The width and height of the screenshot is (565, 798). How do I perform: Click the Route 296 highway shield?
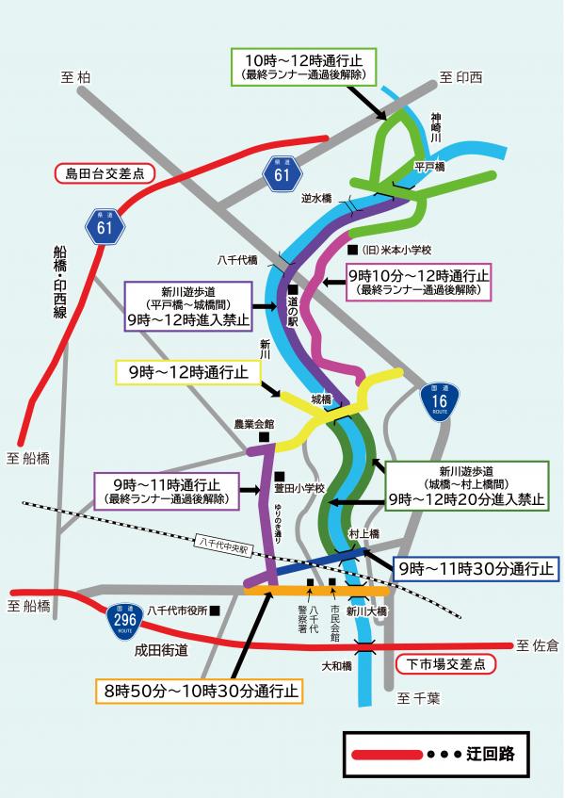click(x=120, y=618)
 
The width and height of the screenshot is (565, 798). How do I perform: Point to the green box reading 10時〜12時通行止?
click(x=303, y=65)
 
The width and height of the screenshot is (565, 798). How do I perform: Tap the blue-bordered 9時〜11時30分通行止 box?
click(x=476, y=569)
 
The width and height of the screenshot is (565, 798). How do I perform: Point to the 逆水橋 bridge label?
click(x=316, y=199)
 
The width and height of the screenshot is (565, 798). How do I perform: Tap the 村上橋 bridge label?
click(x=363, y=533)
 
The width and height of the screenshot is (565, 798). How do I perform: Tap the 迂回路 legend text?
click(x=490, y=755)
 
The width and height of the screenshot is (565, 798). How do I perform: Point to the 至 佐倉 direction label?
click(x=537, y=645)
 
